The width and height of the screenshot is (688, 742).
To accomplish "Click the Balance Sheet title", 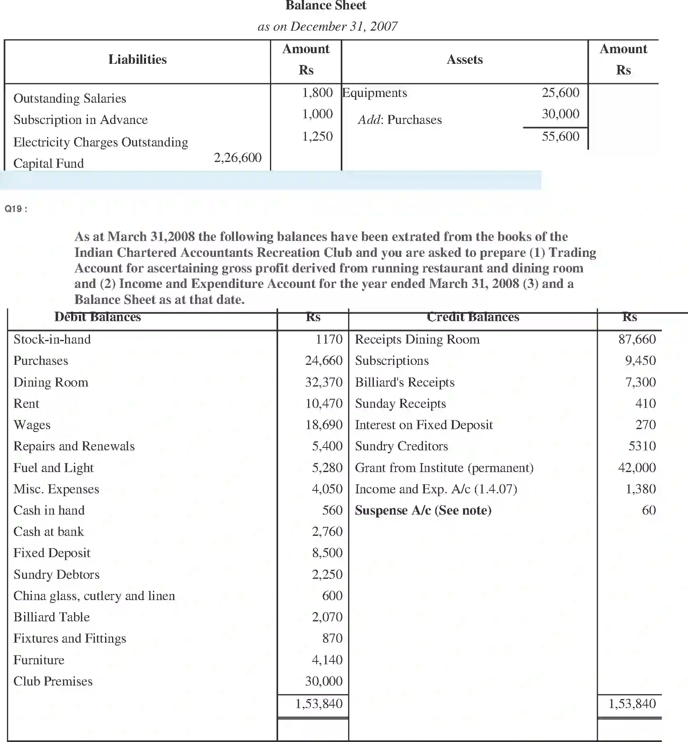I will click(x=326, y=6).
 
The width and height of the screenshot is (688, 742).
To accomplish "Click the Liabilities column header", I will click(x=137, y=60).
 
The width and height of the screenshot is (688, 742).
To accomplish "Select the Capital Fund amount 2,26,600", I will click(x=237, y=157).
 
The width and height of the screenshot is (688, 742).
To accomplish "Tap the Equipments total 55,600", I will click(x=560, y=136).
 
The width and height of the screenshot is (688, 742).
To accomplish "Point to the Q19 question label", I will click(x=16, y=209).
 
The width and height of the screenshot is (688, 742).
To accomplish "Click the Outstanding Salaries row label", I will click(x=70, y=99).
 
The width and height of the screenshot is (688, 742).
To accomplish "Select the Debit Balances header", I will click(x=97, y=317).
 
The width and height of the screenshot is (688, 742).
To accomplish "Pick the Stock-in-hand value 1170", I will click(x=329, y=339).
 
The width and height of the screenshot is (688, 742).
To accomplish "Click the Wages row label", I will click(x=32, y=425).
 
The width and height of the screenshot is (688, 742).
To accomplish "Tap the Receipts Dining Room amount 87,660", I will click(x=637, y=339).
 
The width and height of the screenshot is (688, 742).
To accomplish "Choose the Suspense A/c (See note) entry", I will click(x=423, y=510).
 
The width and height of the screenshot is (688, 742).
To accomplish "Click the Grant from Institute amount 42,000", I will click(x=637, y=468).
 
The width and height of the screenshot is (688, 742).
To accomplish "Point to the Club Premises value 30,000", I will click(x=324, y=681).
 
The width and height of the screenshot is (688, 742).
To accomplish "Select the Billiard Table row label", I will click(x=52, y=617).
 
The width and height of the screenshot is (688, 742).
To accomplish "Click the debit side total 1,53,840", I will click(x=319, y=704).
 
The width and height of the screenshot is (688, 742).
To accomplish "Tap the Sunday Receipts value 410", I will click(x=645, y=403).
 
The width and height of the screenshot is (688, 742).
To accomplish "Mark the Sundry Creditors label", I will click(x=401, y=446).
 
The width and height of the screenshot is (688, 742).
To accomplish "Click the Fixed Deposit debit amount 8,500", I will click(x=327, y=553).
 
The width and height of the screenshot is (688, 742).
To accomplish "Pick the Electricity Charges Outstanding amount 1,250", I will click(x=317, y=136).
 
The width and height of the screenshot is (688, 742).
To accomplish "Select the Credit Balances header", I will click(x=473, y=317).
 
